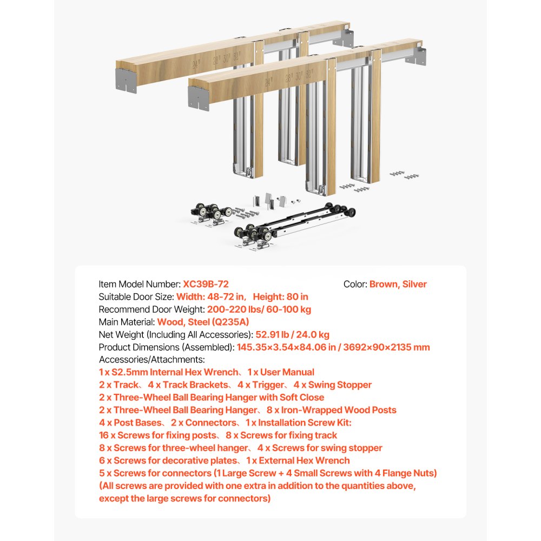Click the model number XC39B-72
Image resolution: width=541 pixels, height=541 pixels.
coord(209,284)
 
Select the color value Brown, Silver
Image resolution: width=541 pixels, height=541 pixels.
coord(398,284)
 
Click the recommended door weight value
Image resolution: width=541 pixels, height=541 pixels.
coord(259,309)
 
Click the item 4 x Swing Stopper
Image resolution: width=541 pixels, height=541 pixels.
coord(333,385)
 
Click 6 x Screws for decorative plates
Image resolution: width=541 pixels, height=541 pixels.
coord(168,460)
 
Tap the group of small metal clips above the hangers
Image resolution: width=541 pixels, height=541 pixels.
coord(269,201)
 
